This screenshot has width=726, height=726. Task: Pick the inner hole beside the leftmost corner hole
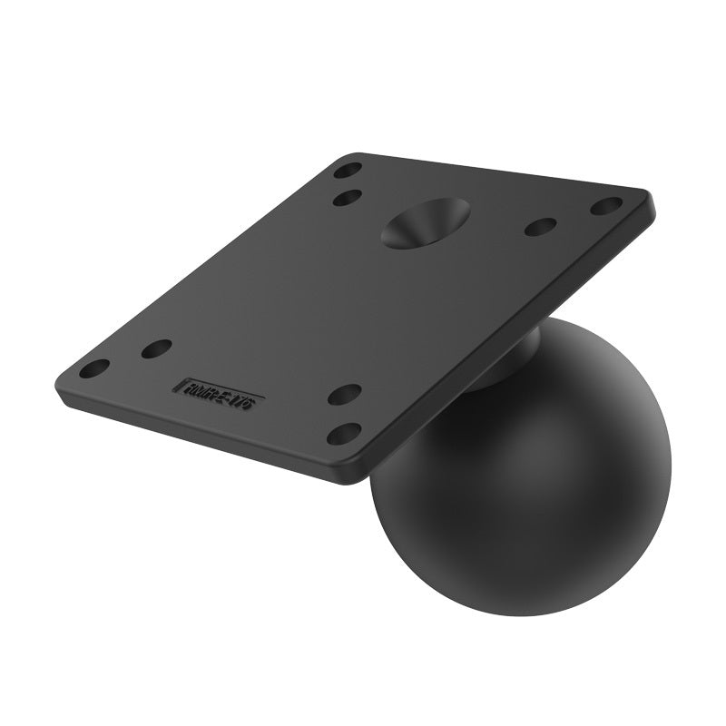pos(157,348)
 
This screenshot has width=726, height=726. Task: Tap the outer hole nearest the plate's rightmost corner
pos(605,206)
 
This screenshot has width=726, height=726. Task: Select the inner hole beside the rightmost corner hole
pos(541,227)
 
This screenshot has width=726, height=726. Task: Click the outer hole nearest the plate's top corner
pos(348,170)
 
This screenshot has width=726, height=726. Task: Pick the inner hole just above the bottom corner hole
pos(344,394)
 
